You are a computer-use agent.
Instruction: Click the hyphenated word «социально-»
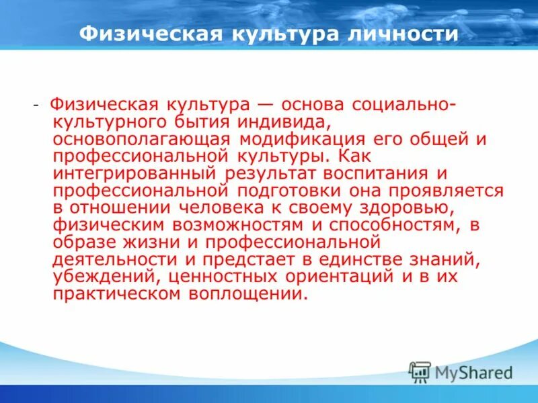click(397, 105)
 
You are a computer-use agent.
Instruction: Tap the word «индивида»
click(280, 122)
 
